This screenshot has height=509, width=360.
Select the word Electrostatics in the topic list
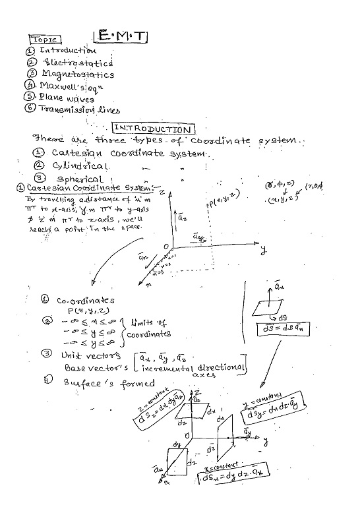tap(77, 63)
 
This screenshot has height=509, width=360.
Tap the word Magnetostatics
tap(78, 75)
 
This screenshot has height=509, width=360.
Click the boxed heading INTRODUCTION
tap(154, 129)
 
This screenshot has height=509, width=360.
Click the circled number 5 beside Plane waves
tap(30, 98)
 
